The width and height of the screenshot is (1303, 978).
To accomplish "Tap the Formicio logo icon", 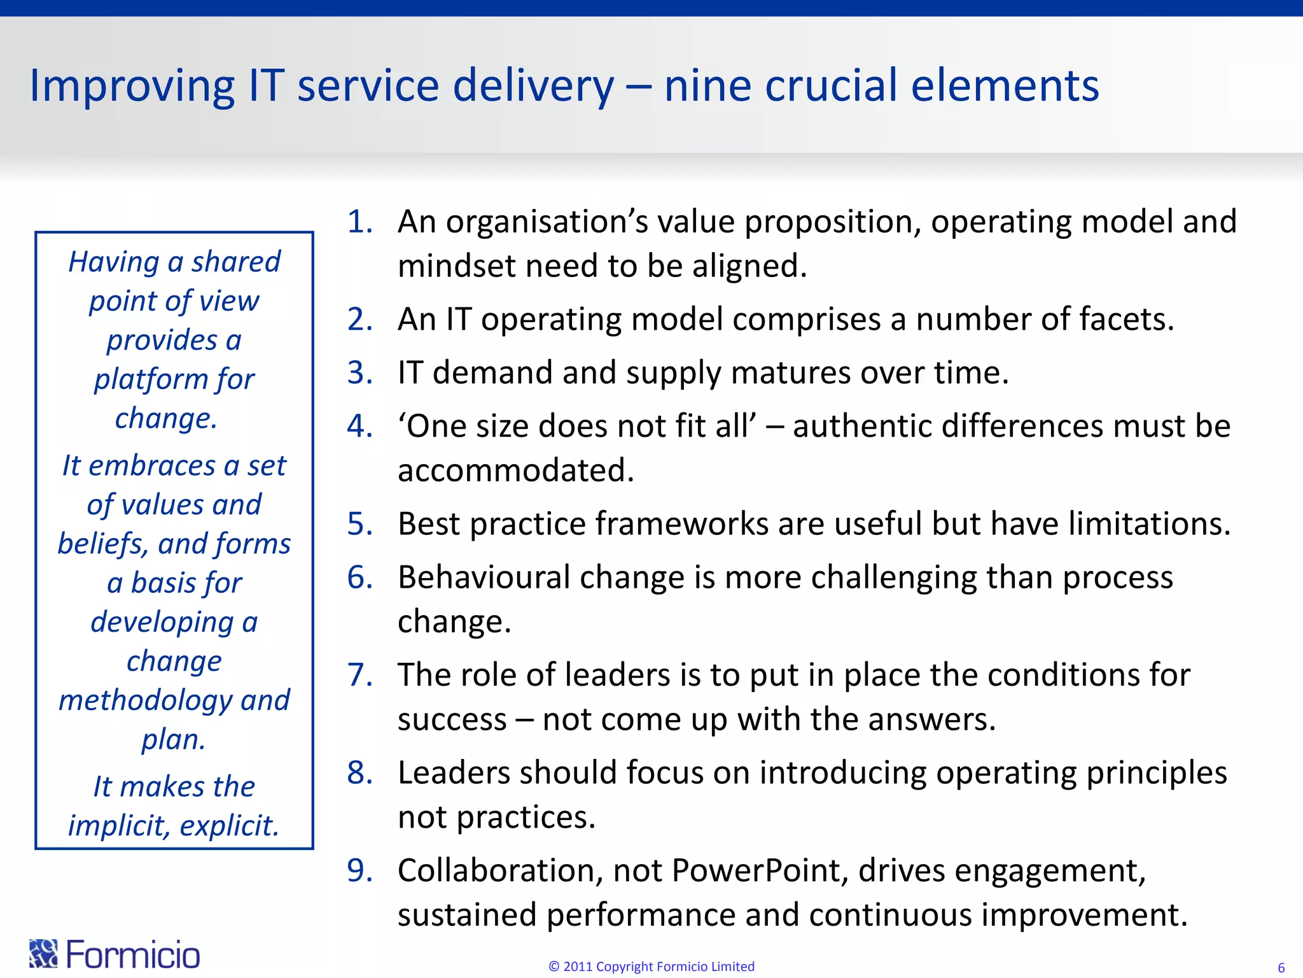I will coord(43,953).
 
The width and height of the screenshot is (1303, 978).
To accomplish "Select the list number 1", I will coord(359,222).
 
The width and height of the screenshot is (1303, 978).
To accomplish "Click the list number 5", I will coord(359,524).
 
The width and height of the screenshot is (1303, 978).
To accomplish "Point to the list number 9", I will coord(359,870).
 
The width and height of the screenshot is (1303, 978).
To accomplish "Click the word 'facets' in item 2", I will coord(1122,319).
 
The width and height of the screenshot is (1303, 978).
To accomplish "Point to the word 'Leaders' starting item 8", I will coord(454,773).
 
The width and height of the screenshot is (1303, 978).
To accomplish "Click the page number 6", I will coord(1281,968).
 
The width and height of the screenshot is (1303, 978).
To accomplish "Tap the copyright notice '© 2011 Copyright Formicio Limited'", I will coord(651,967).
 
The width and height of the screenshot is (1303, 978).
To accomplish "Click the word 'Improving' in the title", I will coord(132,85).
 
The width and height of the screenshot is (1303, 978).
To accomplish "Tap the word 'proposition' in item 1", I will coord(832,222).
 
